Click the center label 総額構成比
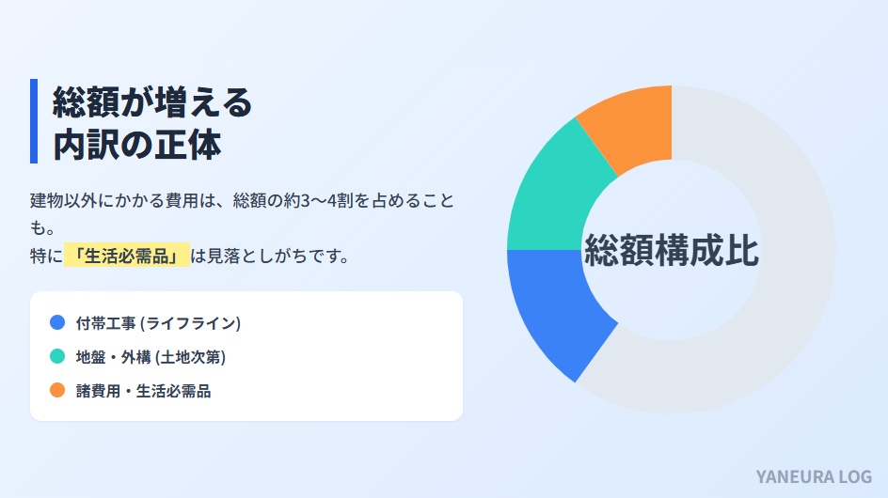[x=672, y=250]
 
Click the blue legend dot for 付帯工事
[x=57, y=322]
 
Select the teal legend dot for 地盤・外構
[x=57, y=356]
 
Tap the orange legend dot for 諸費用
[x=57, y=390]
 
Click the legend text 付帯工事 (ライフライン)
[x=159, y=323]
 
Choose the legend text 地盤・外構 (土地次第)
[x=151, y=357]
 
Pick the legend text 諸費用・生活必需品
[x=143, y=391]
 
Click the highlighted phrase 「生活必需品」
[x=127, y=256]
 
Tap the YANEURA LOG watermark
[x=813, y=476]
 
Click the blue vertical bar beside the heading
[x=34, y=121]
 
